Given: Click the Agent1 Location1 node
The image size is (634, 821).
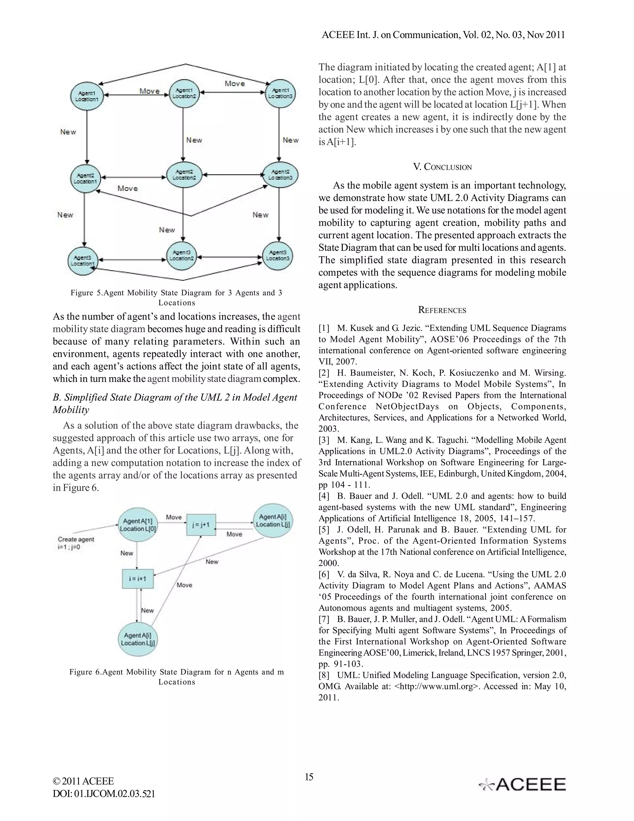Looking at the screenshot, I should tap(87, 96).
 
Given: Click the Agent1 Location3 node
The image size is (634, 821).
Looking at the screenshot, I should tap(280, 93).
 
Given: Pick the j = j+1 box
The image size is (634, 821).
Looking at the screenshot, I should tap(201, 525).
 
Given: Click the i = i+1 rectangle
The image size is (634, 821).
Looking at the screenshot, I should tap(138, 578).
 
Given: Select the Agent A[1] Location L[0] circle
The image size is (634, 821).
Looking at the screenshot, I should tap(138, 525).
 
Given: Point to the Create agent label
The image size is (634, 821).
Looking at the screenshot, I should tap(76, 543).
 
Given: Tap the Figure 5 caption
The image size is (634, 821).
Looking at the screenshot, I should tap(176, 297).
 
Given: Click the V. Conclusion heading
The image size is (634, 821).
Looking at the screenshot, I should tap(442, 167).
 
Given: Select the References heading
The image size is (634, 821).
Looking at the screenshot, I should tap(442, 310).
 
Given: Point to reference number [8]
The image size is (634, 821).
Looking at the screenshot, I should tap(324, 675).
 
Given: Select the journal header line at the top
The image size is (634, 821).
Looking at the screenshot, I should tap(443, 35).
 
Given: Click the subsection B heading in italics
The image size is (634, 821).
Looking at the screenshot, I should tap(175, 403).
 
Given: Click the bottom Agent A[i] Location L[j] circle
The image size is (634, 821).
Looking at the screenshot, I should tap(138, 639).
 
